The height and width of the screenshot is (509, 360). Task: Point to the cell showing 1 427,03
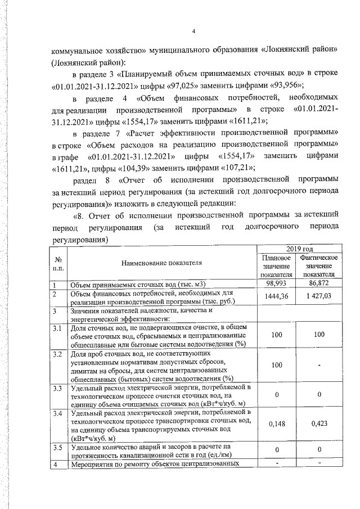[319, 296]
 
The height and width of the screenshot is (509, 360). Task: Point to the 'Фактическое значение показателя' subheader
[319, 266]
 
